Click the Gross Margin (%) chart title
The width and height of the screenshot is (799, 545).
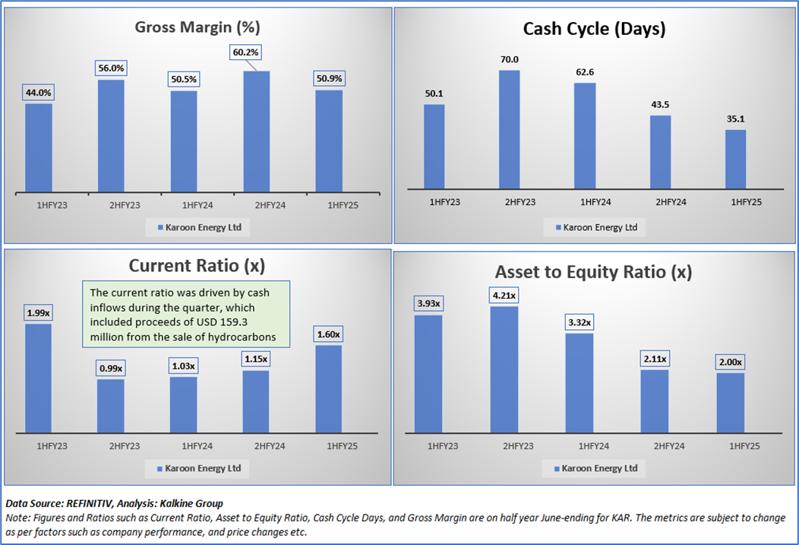pyautogui.click(x=197, y=28)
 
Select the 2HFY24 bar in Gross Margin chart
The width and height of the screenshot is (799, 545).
pyautogui.click(x=256, y=132)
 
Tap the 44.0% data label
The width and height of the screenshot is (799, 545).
pyautogui.click(x=39, y=93)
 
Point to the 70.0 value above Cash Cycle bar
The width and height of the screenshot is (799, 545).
pyautogui.click(x=510, y=59)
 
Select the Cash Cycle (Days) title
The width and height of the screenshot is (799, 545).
pyautogui.click(x=594, y=30)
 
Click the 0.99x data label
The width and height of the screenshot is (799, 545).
pyautogui.click(x=111, y=368)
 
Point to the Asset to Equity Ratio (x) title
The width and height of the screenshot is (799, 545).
pyautogui.click(x=594, y=271)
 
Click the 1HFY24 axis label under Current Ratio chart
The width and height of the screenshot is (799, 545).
pyautogui.click(x=183, y=445)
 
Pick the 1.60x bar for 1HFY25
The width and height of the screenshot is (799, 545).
pyautogui.click(x=328, y=389)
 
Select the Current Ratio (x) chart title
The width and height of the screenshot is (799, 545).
pyautogui.click(x=197, y=265)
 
